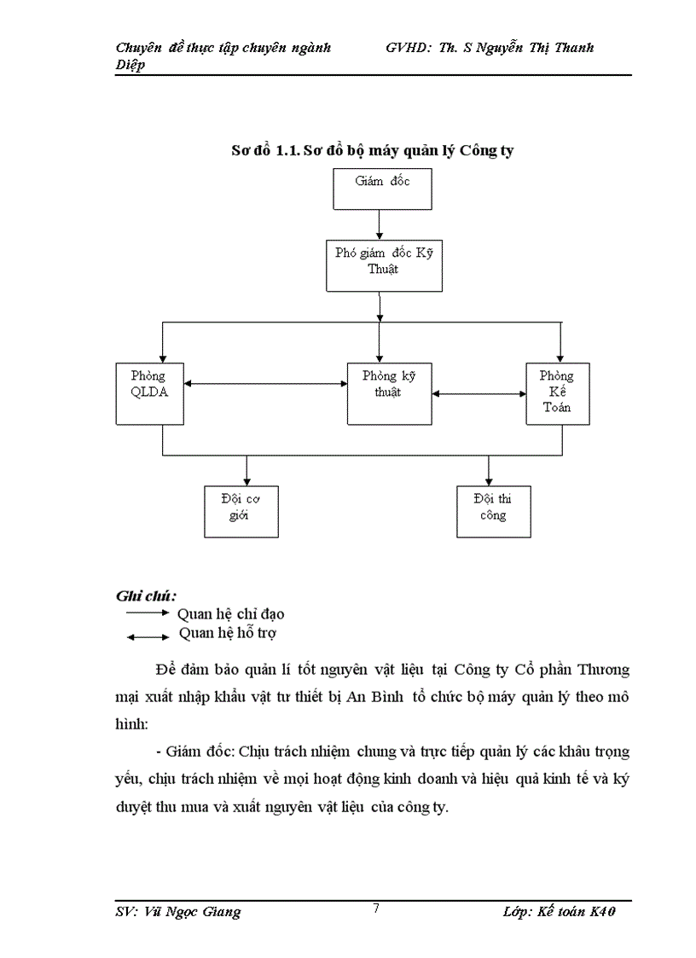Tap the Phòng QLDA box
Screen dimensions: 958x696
point(150,392)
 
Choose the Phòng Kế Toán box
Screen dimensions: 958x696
point(558,392)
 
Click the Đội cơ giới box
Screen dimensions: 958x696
point(242,510)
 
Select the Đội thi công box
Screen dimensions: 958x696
point(494,510)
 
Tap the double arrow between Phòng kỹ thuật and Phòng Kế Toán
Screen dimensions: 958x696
point(478,394)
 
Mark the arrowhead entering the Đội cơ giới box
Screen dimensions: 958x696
point(246,479)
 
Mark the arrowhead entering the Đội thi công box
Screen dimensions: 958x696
point(489,479)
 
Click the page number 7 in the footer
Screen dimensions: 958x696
point(376,908)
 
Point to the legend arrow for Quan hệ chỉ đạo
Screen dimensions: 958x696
point(148,613)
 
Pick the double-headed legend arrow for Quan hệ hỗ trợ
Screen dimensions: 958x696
point(148,636)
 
